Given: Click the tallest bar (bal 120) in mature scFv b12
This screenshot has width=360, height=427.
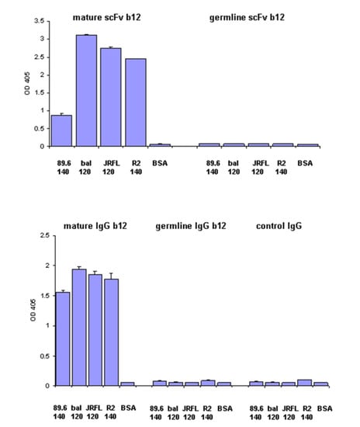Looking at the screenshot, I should click(x=87, y=90).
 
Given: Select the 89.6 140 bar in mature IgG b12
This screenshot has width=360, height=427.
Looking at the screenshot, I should click(x=62, y=338).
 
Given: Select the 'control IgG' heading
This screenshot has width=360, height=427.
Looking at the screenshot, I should click(x=284, y=226).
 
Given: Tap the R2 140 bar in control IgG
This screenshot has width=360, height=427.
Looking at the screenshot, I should click(x=306, y=383).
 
